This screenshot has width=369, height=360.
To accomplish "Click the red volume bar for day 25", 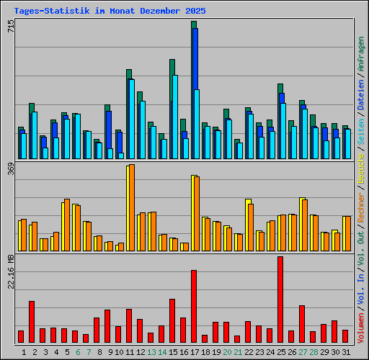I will [280, 300].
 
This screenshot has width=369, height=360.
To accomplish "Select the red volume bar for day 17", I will [194, 306].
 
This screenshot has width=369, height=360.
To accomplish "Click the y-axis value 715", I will [10, 27].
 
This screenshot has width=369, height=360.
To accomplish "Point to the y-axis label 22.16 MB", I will [10, 272].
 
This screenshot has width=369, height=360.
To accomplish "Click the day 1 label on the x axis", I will [24, 352].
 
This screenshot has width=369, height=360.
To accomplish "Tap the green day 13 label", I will [151, 352].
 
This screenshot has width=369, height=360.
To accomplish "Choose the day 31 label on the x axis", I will [346, 352].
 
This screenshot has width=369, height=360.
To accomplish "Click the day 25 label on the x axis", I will [281, 352].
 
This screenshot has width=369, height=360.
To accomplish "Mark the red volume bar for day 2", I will [32, 322].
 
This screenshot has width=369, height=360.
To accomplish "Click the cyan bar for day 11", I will [132, 119].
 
